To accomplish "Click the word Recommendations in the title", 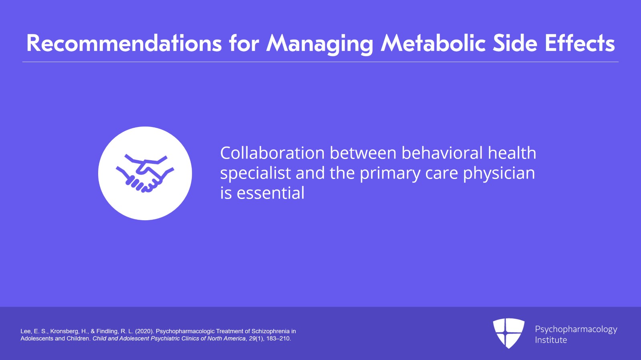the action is point(124,44).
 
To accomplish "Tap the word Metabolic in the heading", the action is point(433,44).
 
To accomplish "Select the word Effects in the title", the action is point(580,44).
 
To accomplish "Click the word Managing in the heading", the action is point(320,45).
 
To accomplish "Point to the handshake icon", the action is point(145,173).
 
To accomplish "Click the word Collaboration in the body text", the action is point(272,153).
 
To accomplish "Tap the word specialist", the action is point(255,174).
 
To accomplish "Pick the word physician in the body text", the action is point(499,174).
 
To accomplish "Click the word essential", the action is point(270,193).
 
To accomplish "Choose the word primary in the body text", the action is point(390,174).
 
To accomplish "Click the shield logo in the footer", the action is point(508,333).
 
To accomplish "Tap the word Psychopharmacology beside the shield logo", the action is point(576,330).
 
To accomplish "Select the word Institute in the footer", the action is point(551,340).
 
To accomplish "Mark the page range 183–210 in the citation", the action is point(278,338).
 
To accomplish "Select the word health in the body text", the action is point(512,153).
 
